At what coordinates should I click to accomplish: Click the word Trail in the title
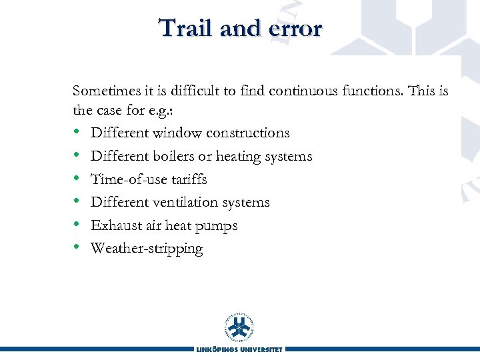coord(182,28)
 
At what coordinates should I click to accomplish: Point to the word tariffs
coord(186,179)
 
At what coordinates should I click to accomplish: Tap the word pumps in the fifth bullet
coord(217,226)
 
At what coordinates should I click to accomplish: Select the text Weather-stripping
coord(147,249)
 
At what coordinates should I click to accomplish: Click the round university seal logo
coord(240,327)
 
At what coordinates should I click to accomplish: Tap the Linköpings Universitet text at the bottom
coord(240,349)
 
